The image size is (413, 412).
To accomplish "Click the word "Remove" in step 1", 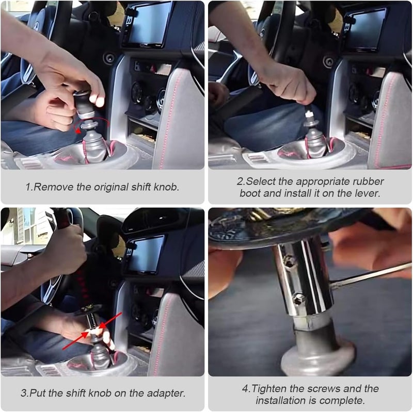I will (50, 187).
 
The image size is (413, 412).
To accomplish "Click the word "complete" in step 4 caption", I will (347, 400).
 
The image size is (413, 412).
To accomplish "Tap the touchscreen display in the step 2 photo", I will (366, 29).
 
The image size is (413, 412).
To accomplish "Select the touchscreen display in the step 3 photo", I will (146, 254).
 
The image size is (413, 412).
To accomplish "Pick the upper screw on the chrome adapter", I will (290, 262).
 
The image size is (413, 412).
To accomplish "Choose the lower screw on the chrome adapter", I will (298, 298).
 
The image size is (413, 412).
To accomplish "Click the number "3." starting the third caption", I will (24, 393).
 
